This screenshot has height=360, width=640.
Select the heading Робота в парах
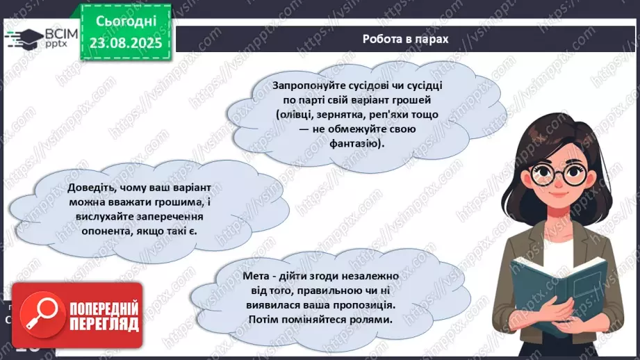click(x=405, y=39)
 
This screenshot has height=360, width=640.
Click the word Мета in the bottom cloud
click(x=257, y=275)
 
